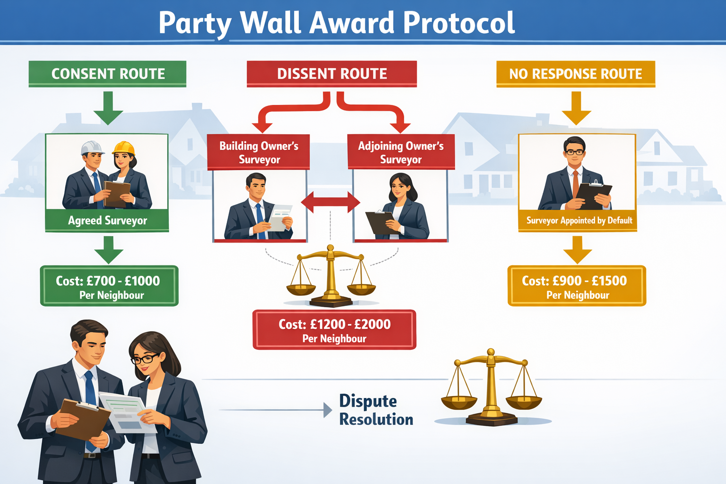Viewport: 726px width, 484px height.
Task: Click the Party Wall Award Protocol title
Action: coord(337,22)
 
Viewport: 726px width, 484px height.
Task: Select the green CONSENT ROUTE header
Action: coord(108,74)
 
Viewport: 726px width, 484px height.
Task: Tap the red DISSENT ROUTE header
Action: coord(332,74)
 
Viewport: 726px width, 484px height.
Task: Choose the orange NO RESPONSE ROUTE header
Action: coord(575,74)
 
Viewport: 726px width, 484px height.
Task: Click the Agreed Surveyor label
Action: coord(107,220)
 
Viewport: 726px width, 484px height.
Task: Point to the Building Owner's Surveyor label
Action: coord(259,152)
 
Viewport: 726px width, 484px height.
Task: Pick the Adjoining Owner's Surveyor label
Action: coord(401,152)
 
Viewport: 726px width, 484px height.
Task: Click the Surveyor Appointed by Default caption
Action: coord(579,220)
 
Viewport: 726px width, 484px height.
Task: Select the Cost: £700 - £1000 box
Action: coord(109,286)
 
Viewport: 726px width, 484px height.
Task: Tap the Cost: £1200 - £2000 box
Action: coord(334,330)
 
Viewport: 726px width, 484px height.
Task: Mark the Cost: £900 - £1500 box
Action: coord(576,286)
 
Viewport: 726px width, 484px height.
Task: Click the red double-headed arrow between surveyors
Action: coord(330,202)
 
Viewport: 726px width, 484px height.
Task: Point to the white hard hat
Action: coord(92,147)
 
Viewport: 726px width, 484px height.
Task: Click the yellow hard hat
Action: coord(124,148)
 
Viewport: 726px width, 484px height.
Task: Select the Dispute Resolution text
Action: coord(376,410)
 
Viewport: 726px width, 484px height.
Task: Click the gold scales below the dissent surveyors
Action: coord(331,277)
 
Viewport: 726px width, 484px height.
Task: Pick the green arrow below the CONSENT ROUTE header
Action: coord(108,108)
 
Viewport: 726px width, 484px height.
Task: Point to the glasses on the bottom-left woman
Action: coord(144,359)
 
